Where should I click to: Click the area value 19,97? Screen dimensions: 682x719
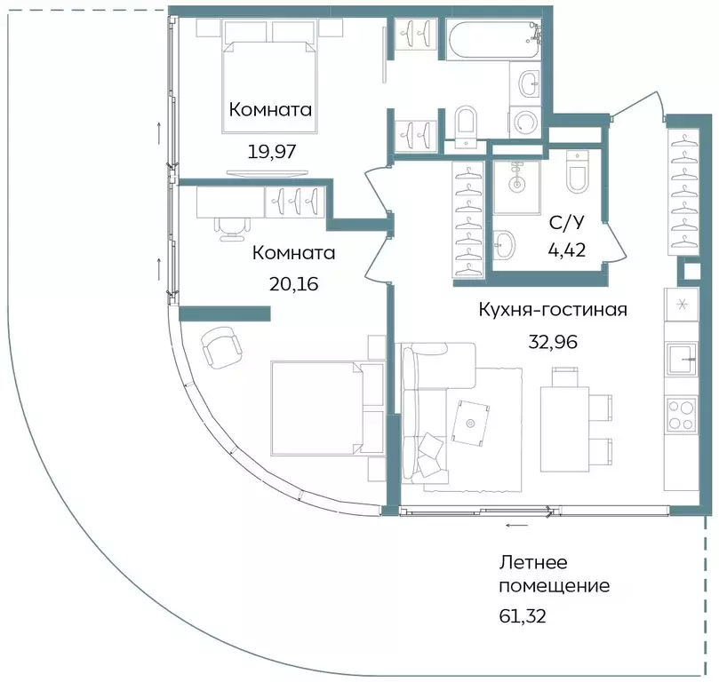270,150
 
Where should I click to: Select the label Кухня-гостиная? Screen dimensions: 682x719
553,310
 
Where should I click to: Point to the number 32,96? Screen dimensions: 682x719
553,342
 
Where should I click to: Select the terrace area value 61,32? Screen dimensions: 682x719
523,613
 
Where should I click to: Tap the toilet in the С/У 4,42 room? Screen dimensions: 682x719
577,174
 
